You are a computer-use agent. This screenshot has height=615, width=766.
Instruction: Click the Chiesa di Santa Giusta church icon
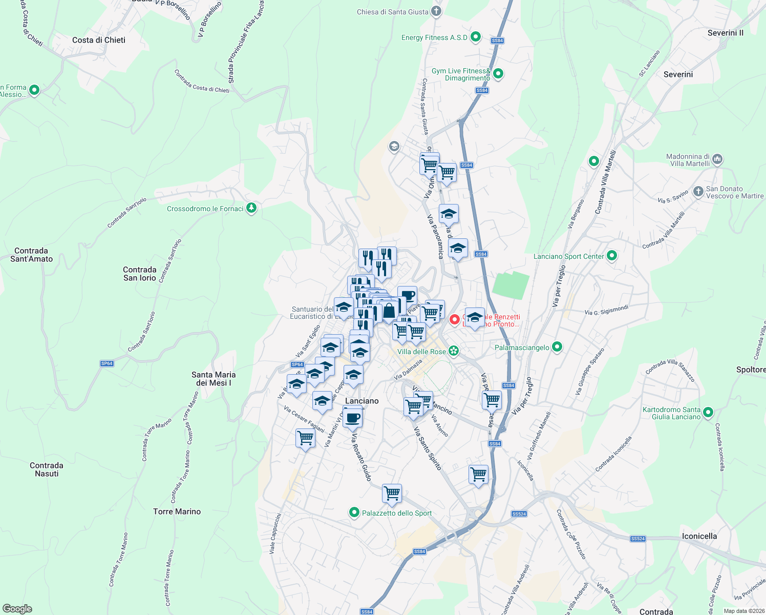[x=436, y=11]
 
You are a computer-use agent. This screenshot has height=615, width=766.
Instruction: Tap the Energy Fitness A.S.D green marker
[x=476, y=37]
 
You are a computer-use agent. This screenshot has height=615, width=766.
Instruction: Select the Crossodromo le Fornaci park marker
[x=251, y=208]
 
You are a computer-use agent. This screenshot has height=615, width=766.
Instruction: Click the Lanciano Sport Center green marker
[x=612, y=256]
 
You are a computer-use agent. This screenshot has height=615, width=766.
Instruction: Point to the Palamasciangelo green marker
[x=557, y=347]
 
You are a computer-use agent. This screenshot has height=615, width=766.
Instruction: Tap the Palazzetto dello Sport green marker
[x=354, y=512]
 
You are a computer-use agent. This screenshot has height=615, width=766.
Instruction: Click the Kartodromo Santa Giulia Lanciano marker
[x=708, y=412]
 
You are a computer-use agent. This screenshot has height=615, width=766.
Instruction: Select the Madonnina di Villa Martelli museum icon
[x=717, y=159]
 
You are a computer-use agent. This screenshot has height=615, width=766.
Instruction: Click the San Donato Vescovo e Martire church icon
[x=698, y=192]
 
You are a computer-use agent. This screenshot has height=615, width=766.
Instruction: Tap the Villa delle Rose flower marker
[x=453, y=351]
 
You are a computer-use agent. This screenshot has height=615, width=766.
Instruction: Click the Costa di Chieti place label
[x=99, y=40]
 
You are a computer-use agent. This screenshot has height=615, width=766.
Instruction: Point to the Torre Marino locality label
[x=177, y=511]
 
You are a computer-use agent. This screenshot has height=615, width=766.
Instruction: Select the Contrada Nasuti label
[x=47, y=469]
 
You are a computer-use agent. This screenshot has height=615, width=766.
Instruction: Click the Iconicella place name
[x=699, y=536]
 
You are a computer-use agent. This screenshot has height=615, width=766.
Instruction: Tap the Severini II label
[x=726, y=33]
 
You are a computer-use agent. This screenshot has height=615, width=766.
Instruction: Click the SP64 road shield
[x=107, y=363]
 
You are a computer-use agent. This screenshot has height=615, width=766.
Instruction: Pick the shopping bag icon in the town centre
[x=389, y=310]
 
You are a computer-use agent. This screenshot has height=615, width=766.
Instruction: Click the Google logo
[x=17, y=609]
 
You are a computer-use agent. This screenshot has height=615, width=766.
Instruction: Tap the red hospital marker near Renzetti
[x=454, y=320]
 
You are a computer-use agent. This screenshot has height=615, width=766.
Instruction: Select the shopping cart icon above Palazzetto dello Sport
[x=392, y=493]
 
